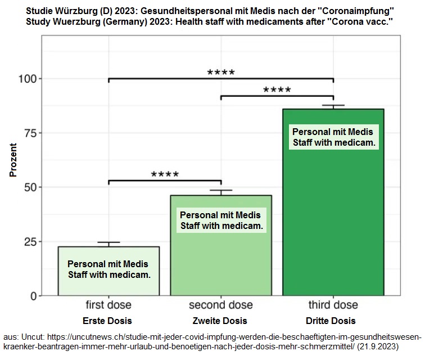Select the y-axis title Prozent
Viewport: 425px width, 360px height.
click(x=13, y=160)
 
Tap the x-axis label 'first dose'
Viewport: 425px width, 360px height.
click(x=108, y=305)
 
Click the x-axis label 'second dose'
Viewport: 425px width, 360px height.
click(x=221, y=305)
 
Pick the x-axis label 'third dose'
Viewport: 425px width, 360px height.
click(x=333, y=305)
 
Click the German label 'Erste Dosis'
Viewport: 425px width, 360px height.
click(x=107, y=321)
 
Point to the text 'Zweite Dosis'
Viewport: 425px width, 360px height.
click(x=219, y=321)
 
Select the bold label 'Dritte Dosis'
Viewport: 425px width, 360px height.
click(x=331, y=321)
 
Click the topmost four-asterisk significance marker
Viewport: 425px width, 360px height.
click(x=221, y=73)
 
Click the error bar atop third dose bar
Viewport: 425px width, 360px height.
click(x=333, y=106)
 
